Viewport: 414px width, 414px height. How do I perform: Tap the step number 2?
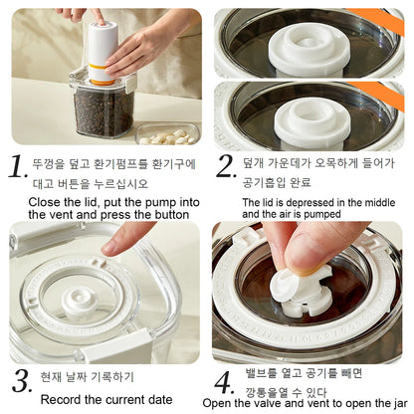pyautogui.click(x=226, y=165)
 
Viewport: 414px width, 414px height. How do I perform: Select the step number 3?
pyautogui.click(x=21, y=380)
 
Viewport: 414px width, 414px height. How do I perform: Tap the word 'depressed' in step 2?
pyautogui.click(x=304, y=202)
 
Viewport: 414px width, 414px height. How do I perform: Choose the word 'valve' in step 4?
pyautogui.click(x=258, y=404)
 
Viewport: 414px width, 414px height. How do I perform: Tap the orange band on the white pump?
pyautogui.click(x=101, y=69)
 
